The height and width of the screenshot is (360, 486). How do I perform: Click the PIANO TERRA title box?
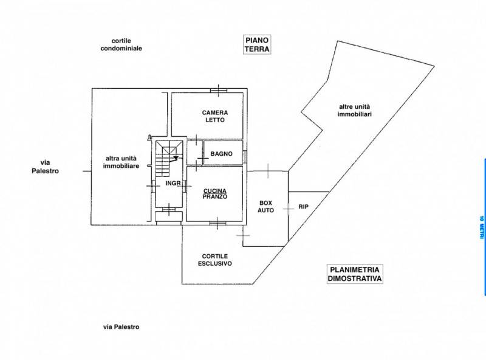click(x=256, y=44)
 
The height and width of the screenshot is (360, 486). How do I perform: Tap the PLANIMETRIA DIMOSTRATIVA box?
click(x=355, y=274)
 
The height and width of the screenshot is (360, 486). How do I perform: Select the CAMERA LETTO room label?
click(x=215, y=116)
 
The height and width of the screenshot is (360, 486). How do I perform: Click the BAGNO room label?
click(x=221, y=154)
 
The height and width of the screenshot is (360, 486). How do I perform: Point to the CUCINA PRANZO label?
click(x=215, y=193)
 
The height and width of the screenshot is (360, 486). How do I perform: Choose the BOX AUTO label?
click(x=265, y=206)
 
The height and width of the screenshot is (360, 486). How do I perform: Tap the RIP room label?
click(x=303, y=206)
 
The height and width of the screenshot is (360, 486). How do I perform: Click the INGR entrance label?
click(x=173, y=184)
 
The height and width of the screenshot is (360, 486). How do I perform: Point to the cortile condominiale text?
click(x=121, y=44)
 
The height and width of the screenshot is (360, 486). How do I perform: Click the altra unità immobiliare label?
click(x=121, y=162)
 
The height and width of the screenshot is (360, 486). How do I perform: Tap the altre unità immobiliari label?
click(x=354, y=111)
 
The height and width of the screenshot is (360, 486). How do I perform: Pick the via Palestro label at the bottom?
click(x=121, y=327)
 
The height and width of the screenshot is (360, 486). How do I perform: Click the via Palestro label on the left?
click(x=45, y=167)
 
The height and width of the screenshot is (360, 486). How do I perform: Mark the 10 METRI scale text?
click(x=481, y=227)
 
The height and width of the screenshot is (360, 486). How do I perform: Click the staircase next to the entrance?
click(x=169, y=158)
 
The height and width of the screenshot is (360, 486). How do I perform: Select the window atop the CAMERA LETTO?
click(x=219, y=91)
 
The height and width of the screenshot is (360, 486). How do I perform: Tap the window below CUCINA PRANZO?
click(x=217, y=223)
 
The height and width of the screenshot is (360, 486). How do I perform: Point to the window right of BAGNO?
click(x=245, y=156)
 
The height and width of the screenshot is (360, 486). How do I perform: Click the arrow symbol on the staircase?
click(x=176, y=159)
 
